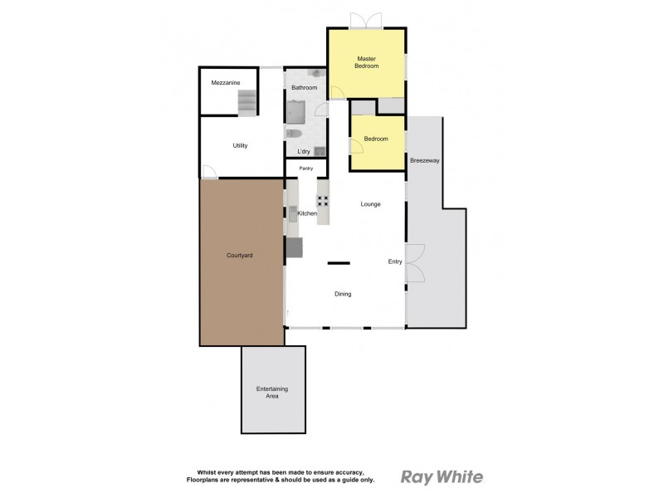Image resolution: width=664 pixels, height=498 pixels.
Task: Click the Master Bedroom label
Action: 367,62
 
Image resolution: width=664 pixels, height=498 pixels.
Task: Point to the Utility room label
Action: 240,146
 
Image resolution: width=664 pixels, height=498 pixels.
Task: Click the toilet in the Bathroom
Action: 293,133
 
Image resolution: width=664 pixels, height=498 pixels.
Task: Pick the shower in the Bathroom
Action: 296,110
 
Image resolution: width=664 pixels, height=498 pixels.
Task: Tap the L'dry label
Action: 304,151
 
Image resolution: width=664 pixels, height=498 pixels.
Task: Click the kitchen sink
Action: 293,213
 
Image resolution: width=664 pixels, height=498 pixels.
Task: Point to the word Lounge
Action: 370,203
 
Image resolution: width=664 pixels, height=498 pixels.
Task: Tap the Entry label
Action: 395,261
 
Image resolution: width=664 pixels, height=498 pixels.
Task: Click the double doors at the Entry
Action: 414,264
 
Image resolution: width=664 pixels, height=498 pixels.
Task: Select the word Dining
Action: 343,294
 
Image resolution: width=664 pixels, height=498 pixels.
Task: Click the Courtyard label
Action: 240,256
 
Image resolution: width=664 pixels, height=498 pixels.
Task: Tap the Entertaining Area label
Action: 272,393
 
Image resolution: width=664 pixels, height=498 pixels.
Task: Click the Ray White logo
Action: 442,476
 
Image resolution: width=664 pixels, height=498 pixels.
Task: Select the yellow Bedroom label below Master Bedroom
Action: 376,139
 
